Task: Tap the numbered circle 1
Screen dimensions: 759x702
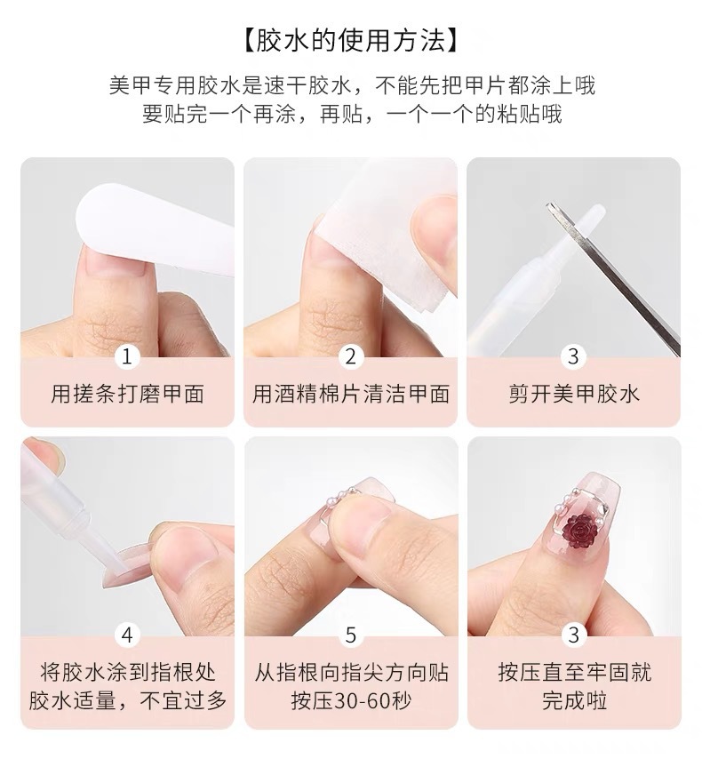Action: [x=127, y=356]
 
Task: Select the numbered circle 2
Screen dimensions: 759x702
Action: [x=351, y=356]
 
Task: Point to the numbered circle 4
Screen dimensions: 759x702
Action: [x=127, y=635]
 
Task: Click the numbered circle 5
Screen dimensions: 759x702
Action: [x=351, y=635]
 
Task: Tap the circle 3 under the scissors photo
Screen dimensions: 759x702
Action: [x=574, y=356]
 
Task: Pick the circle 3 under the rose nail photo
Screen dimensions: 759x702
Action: [x=574, y=635]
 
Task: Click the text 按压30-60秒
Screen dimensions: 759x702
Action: [x=351, y=700]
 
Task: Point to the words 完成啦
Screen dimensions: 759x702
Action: [x=574, y=700]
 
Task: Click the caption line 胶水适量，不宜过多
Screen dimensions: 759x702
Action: [x=127, y=700]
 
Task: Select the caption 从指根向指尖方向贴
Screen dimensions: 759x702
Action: [x=351, y=671]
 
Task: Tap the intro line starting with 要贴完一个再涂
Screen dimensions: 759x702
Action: [x=351, y=114]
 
